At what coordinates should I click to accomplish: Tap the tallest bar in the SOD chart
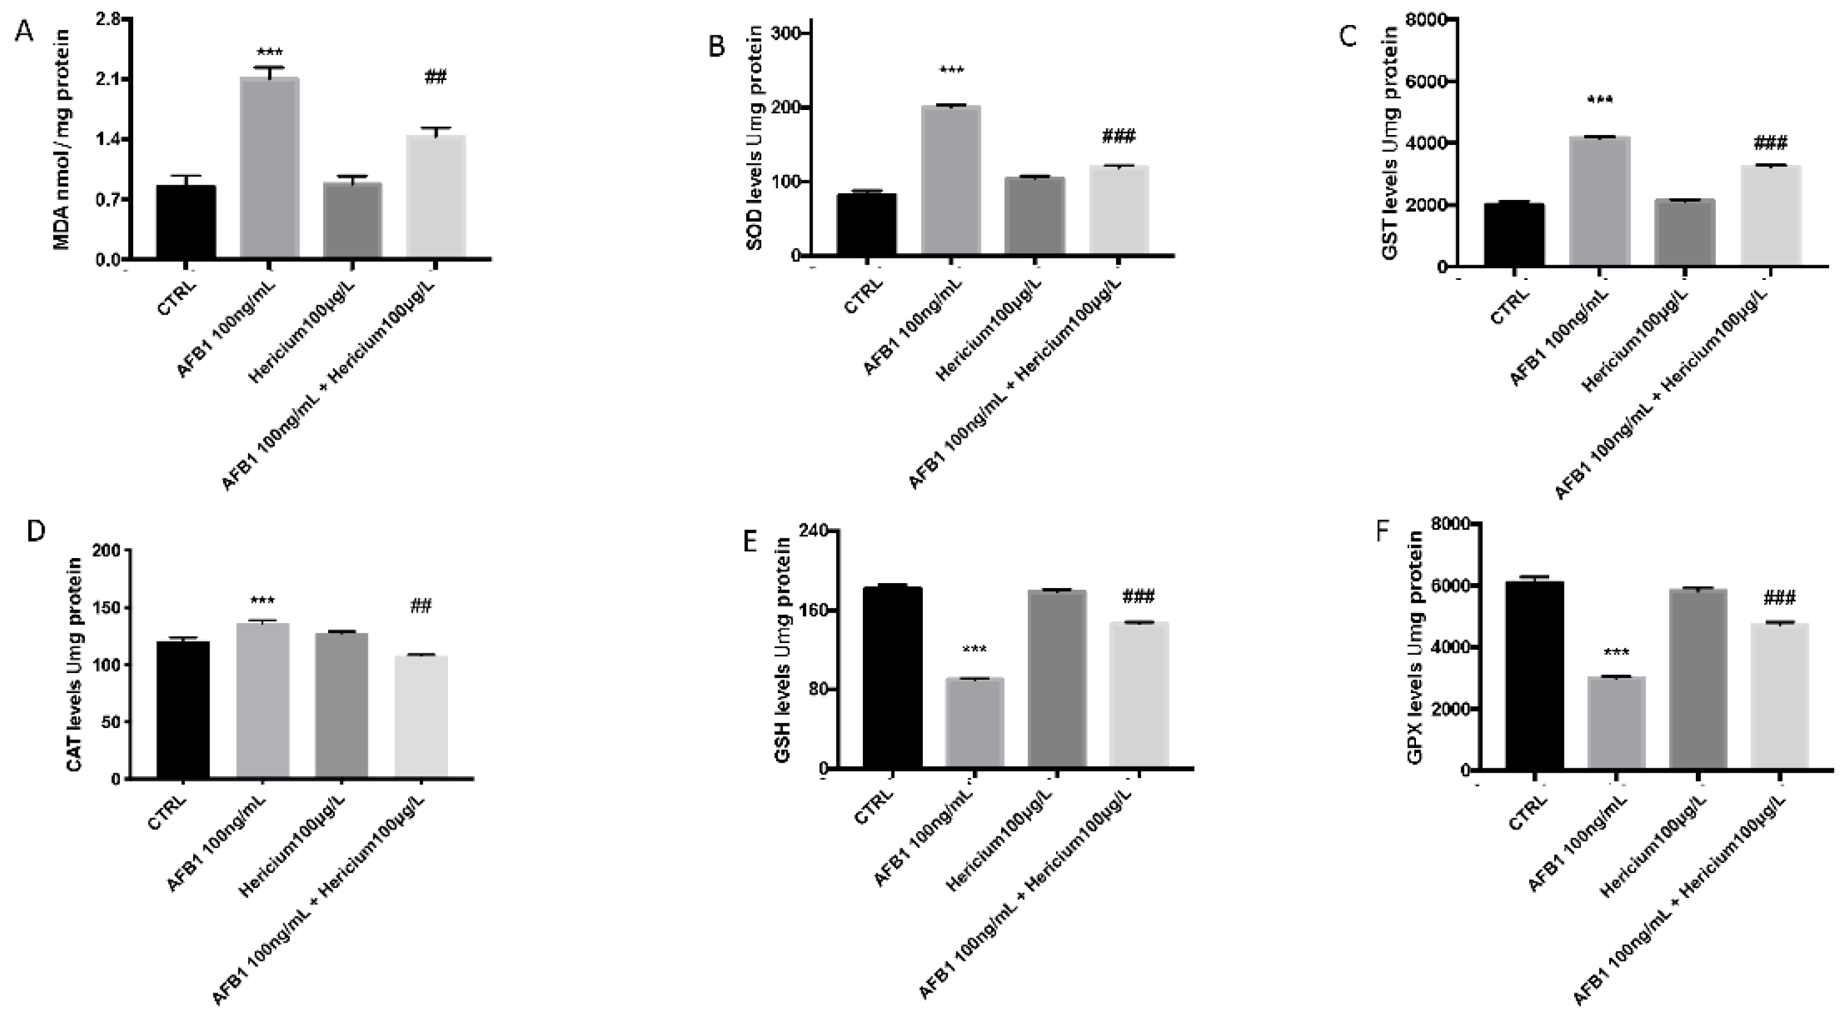pos(950,180)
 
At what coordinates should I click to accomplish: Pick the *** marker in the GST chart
pos(1600,100)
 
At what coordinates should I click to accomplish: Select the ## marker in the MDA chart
pos(436,77)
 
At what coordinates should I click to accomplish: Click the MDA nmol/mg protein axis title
pos(62,140)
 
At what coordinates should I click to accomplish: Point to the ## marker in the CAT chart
pos(421,607)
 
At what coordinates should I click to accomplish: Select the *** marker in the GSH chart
pos(974,650)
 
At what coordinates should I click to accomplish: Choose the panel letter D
pos(35,532)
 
